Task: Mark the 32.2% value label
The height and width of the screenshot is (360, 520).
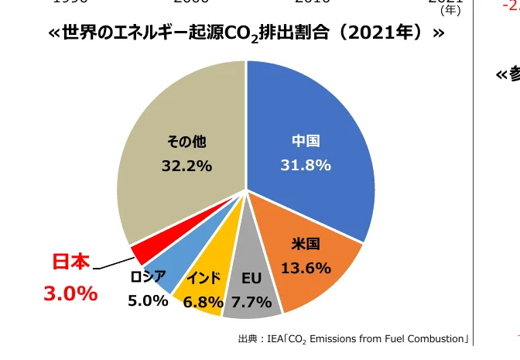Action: [186, 166]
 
